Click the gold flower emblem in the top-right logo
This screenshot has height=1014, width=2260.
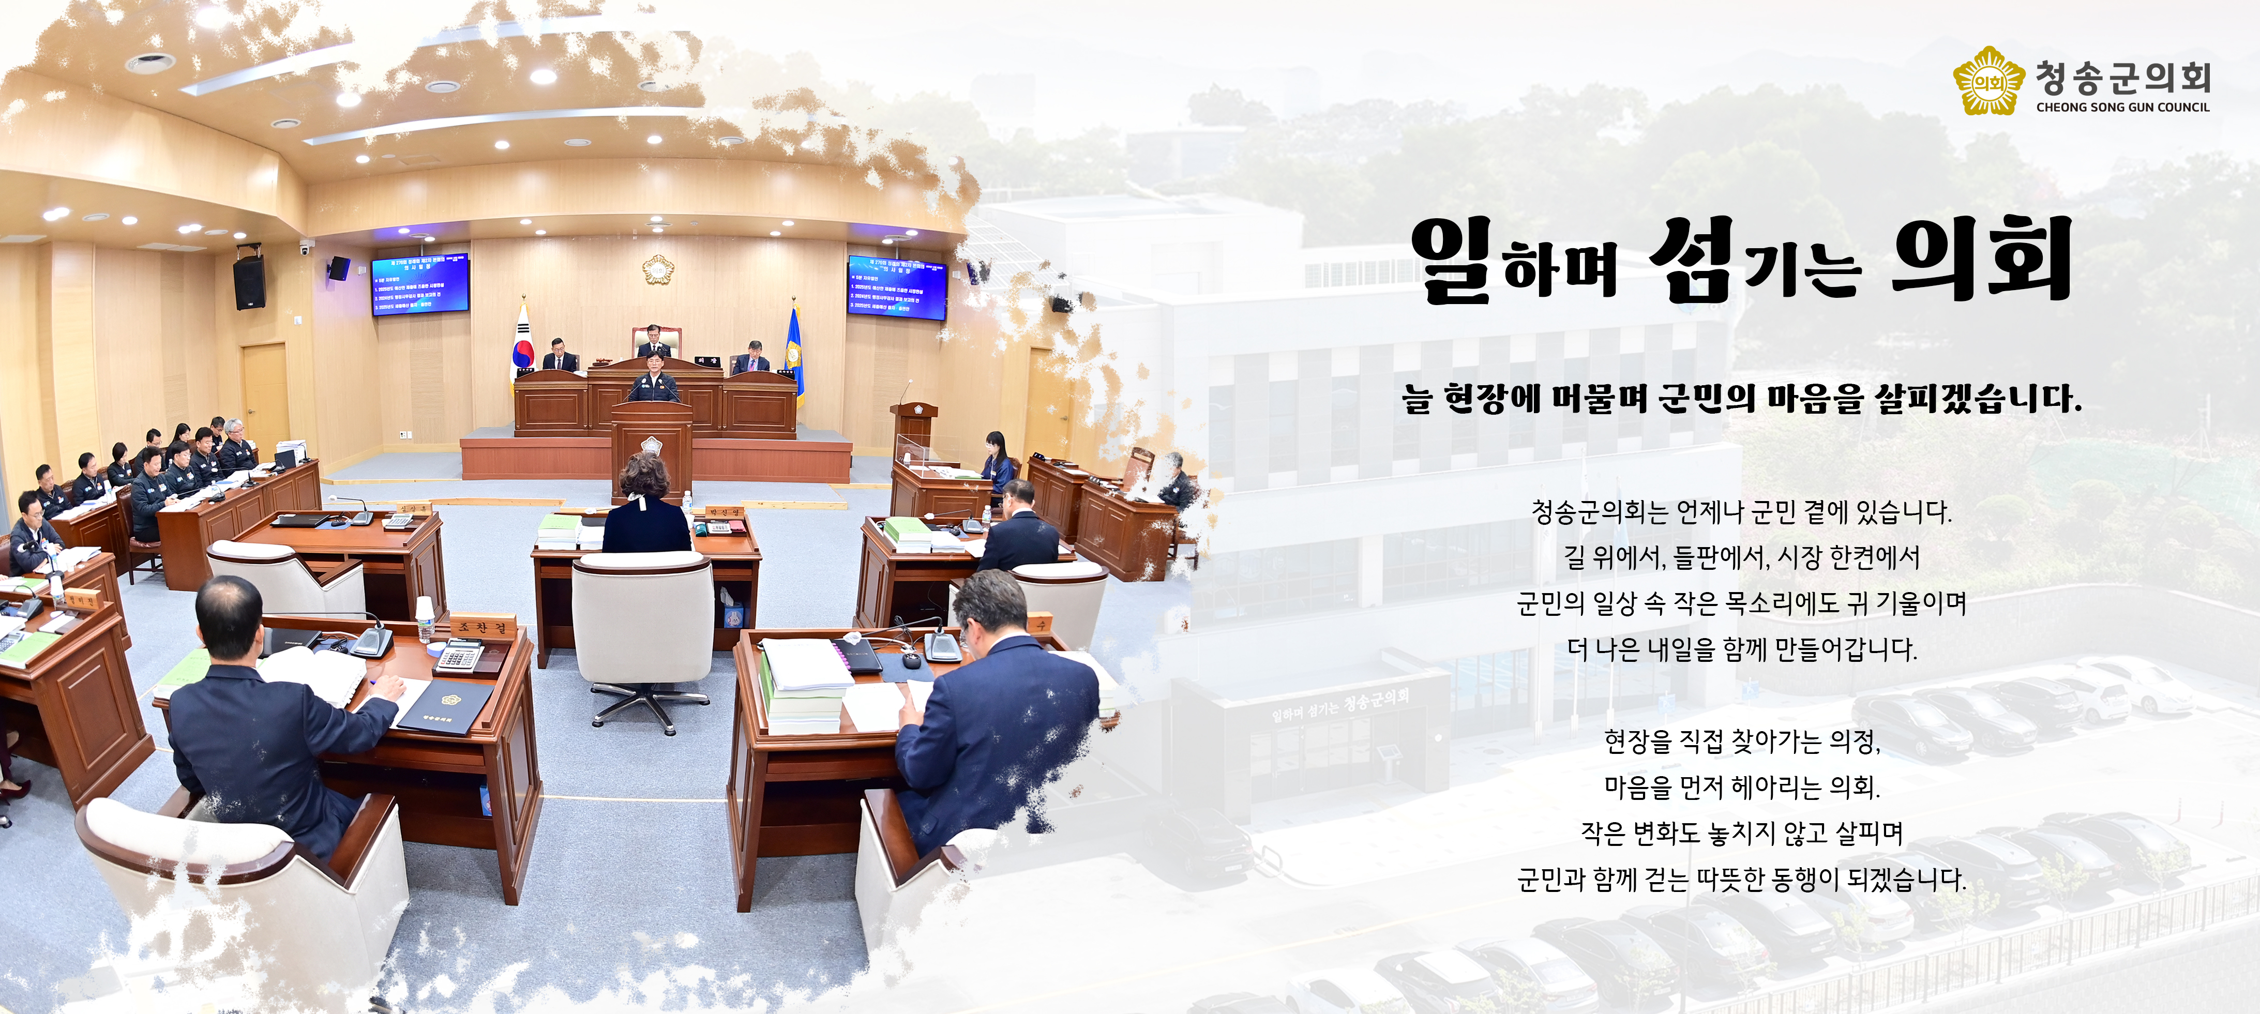[1988, 82]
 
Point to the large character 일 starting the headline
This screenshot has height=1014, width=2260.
[1452, 261]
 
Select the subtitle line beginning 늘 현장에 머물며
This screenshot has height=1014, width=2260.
[1741, 399]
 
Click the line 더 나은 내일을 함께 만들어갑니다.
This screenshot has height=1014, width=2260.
[1741, 649]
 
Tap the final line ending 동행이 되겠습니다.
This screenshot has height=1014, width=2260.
[1741, 879]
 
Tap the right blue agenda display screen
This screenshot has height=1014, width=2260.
[897, 287]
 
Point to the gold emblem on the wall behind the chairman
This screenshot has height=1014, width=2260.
[658, 269]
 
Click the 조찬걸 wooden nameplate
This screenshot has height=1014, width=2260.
[481, 627]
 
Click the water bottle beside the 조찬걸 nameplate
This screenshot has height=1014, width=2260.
[425, 619]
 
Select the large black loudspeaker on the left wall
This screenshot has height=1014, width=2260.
[249, 282]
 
